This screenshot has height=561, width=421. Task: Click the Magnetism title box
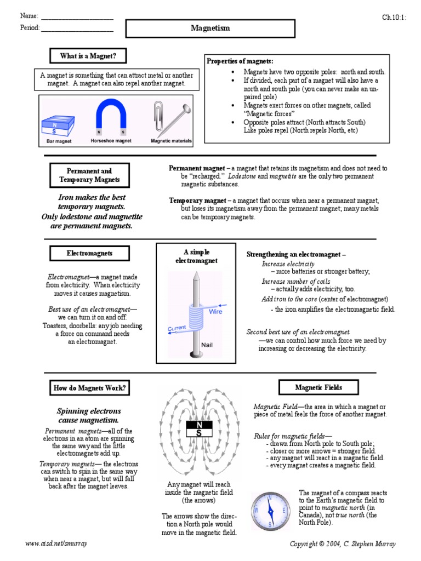pos(210,28)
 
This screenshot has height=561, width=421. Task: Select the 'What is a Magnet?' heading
pos(84,56)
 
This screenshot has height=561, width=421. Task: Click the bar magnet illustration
pos(55,126)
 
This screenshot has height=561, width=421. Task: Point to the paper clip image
pos(159,115)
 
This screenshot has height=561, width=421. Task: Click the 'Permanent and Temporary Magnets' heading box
pos(89,175)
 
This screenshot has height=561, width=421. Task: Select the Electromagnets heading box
pos(89,254)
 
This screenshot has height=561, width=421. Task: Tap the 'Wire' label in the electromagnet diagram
pos(215,312)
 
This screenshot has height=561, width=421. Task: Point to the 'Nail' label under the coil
pos(207,345)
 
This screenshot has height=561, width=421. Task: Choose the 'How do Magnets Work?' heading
pos(89,388)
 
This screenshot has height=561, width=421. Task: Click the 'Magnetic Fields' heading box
pos(318,387)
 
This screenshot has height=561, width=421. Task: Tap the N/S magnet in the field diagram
pos(198,428)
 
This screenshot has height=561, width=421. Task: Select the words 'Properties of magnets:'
pos(240,61)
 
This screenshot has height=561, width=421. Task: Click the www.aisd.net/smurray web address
pos(56,543)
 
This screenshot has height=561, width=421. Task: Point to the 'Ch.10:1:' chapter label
pos(394,17)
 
